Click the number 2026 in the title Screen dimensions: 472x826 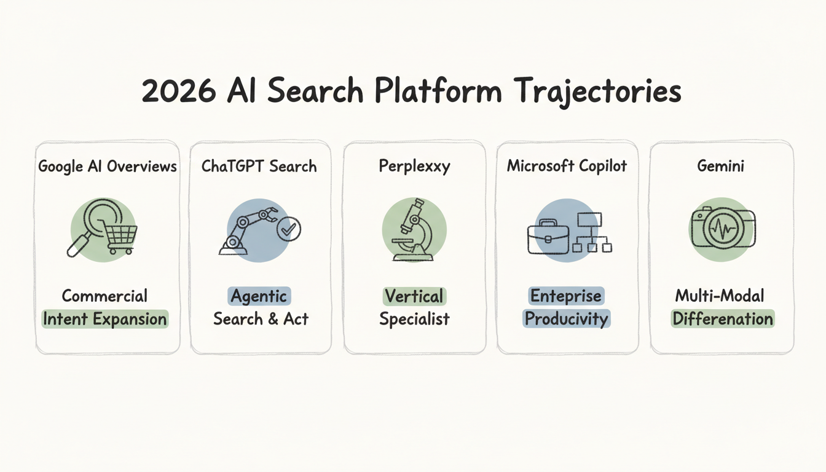coord(178,92)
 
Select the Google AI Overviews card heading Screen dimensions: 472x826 coord(108,166)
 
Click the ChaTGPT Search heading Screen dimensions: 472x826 coord(259,166)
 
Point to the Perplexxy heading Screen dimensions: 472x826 coord(414,166)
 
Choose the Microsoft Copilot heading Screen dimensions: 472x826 coord(567,166)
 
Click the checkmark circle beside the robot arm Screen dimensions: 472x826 coord(288,230)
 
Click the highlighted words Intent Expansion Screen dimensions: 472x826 coord(104,319)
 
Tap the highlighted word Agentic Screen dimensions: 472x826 coord(259,296)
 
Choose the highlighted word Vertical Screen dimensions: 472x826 coord(414,296)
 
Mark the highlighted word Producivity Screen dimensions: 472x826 coord(567,319)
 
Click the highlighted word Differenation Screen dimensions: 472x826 coord(723,319)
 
